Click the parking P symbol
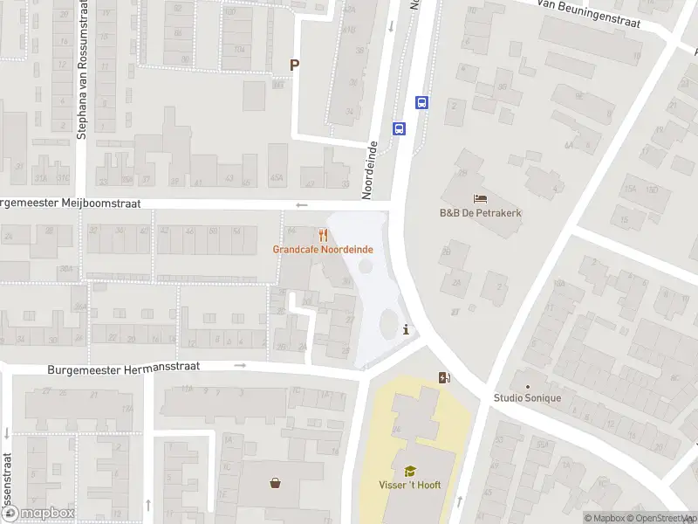295,65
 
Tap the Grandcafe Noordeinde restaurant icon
323,235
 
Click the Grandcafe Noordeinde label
323,250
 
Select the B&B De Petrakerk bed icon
480,198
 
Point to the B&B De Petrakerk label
480,212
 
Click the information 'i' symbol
407,329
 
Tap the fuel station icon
445,378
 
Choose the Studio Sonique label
527,398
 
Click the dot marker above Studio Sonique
527,385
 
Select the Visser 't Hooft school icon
410,471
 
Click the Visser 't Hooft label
410,486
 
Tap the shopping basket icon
276,481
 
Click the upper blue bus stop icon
422,102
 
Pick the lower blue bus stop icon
400,128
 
